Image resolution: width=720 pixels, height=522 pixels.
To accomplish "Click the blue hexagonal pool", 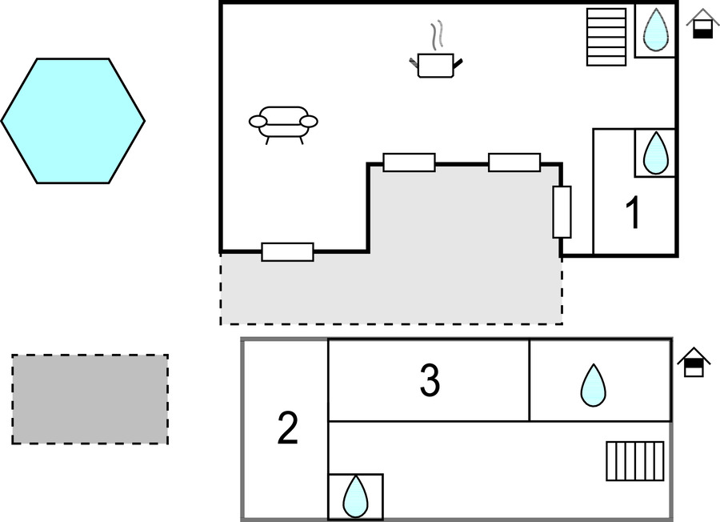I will (73, 121).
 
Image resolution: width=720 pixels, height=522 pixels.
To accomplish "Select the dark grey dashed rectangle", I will (90, 400).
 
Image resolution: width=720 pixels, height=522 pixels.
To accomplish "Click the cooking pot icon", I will (436, 65).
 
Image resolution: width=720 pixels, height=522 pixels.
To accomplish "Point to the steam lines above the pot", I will (436, 36).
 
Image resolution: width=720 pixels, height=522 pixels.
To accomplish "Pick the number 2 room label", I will (287, 429).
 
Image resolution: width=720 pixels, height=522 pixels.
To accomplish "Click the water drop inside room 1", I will (656, 151).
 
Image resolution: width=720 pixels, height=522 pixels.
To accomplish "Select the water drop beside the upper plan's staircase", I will (656, 30).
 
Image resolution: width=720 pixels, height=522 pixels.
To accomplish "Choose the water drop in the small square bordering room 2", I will (355, 496).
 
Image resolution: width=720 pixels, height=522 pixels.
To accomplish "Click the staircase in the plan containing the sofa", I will (606, 37).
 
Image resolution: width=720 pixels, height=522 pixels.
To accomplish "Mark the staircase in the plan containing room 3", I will (634, 461).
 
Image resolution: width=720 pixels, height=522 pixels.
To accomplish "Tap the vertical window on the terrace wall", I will (562, 212).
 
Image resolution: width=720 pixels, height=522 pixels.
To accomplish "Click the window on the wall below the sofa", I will (287, 251).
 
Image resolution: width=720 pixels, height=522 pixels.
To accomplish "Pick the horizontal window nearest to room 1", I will (514, 162).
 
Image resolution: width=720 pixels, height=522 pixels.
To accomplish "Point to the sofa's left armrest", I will (258, 122).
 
